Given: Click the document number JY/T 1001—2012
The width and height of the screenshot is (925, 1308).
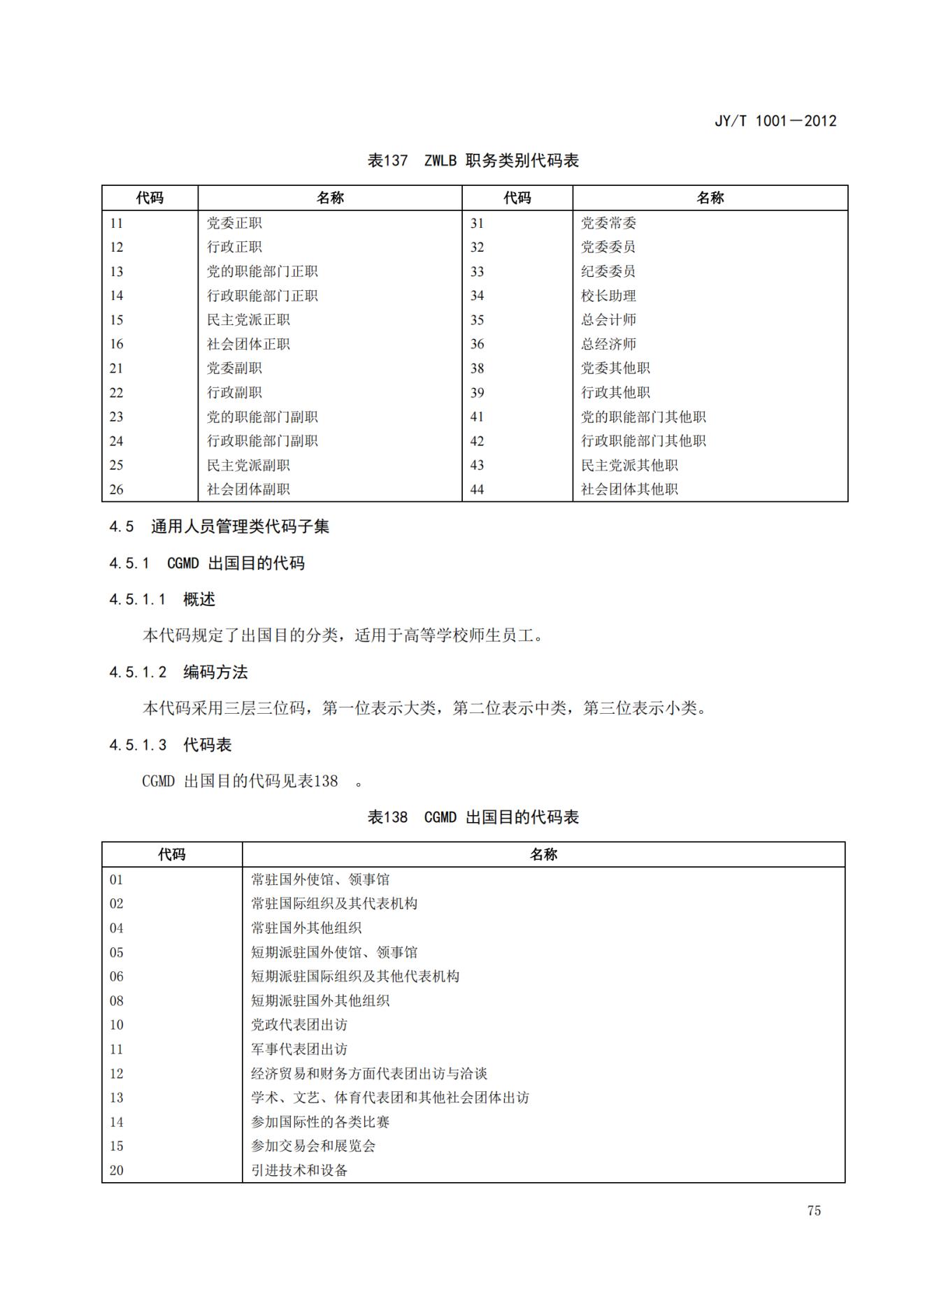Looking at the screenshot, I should (x=775, y=121).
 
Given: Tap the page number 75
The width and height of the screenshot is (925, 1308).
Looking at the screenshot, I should (x=813, y=1211).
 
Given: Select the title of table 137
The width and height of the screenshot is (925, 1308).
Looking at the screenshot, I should (x=473, y=161).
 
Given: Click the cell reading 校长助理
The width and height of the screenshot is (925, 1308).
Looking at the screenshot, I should (x=608, y=296).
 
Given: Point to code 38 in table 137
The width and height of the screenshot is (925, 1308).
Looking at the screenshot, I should (x=477, y=368).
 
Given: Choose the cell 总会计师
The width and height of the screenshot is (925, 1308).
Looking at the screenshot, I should (x=608, y=320).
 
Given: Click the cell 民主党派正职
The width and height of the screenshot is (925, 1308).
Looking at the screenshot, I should (x=248, y=320).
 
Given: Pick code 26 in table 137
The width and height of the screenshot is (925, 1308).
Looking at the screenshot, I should (x=116, y=489).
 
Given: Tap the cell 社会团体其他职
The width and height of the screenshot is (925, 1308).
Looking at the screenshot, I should (x=629, y=489).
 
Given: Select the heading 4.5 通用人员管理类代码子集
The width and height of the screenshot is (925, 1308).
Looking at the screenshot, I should (x=219, y=526).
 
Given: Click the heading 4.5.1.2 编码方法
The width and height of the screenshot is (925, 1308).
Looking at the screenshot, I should (x=178, y=673).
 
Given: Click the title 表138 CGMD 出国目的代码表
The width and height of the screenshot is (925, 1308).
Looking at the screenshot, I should (x=473, y=817).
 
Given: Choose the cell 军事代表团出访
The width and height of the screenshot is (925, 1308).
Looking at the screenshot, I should (x=299, y=1049).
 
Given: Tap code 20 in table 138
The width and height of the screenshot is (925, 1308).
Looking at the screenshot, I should (x=116, y=1170).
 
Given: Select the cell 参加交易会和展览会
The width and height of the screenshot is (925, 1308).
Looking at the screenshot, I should (x=313, y=1146).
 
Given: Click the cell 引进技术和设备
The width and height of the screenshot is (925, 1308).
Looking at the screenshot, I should (x=299, y=1170).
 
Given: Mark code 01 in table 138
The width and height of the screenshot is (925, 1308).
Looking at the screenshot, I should (x=116, y=879).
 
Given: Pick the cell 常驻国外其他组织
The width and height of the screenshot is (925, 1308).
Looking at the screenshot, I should (x=306, y=928).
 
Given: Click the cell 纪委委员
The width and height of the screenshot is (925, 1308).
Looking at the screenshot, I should (x=608, y=272).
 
